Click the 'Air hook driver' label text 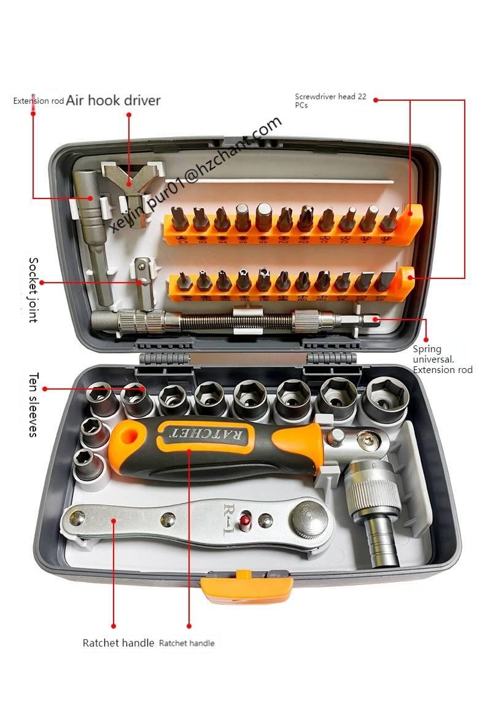tap(114, 100)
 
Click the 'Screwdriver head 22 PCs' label tap(332, 100)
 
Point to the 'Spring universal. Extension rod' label tap(442, 359)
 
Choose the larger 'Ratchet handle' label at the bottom tap(118, 643)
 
